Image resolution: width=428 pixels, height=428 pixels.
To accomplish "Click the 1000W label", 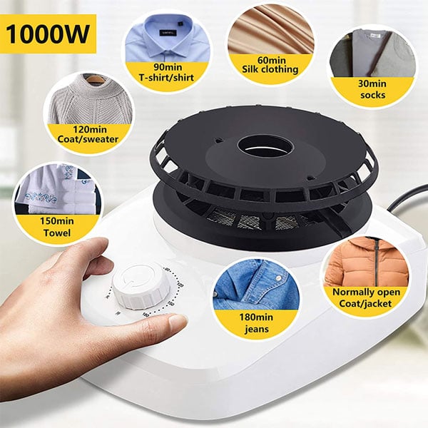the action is (x=48, y=34).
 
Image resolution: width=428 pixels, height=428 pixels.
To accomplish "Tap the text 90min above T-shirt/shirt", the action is (x=168, y=67).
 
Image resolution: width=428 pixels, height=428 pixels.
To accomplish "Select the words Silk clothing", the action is (x=270, y=69).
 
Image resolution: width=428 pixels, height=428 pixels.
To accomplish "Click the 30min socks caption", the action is (x=372, y=89).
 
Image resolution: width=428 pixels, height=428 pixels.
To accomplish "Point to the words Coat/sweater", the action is (x=88, y=139).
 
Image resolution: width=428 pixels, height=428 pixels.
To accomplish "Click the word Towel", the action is (x=57, y=233).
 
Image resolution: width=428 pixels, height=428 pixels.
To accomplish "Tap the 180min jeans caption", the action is (x=256, y=323).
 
